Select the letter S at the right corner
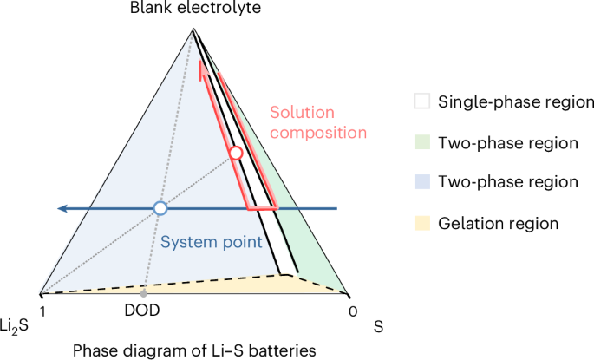(378, 328)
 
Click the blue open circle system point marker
(160, 208)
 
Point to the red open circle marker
(235, 154)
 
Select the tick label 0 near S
(350, 309)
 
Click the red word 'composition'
(317, 133)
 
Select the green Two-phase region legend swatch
(421, 142)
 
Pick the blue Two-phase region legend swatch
(421, 182)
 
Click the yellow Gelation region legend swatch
(421, 223)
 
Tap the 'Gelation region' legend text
(499, 223)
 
